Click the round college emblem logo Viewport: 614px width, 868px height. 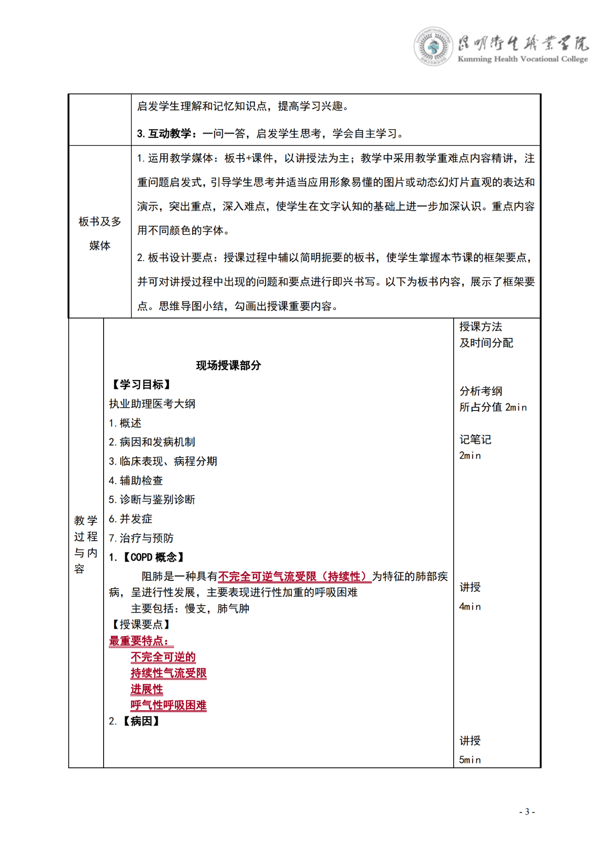click(433, 46)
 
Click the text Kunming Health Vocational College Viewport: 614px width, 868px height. click(522, 59)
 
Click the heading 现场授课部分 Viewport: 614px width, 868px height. click(228, 365)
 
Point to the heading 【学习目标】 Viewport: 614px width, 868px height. click(141, 384)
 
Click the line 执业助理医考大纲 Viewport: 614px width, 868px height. click(152, 404)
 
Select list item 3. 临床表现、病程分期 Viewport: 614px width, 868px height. click(163, 461)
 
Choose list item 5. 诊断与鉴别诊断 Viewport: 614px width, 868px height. click(152, 500)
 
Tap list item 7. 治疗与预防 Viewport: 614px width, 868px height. click(141, 538)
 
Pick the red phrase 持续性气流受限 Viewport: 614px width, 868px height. click(169, 673)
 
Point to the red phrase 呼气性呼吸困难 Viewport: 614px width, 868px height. click(169, 705)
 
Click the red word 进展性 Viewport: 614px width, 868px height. click(147, 689)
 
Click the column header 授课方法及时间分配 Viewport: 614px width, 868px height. click(486, 335)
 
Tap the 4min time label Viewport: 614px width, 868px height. click(470, 607)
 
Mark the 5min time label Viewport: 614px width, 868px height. click(470, 760)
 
